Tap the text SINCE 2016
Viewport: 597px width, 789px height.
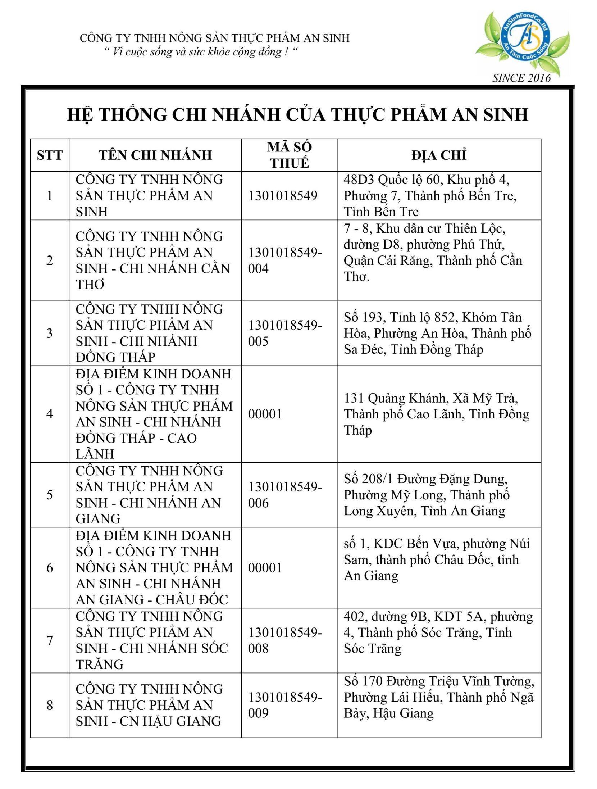point(521,78)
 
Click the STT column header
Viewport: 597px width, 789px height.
point(50,155)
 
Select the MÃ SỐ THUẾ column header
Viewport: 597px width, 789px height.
point(289,155)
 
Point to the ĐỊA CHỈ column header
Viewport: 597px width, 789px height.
point(439,155)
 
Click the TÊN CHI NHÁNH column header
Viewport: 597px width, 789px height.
point(155,155)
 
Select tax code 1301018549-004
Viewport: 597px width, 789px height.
point(284,260)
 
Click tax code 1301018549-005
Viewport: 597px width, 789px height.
point(284,333)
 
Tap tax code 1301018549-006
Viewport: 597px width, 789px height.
point(284,495)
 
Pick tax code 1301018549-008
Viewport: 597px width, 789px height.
point(284,640)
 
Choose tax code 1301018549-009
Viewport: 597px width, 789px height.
point(284,705)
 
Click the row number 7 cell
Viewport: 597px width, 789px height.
point(50,640)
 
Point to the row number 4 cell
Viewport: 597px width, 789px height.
point(50,414)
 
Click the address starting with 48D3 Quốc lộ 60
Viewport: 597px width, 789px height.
point(430,195)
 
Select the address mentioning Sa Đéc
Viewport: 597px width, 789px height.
point(437,333)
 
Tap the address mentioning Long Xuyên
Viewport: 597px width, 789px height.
point(426,495)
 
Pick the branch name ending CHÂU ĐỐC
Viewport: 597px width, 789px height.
point(154,567)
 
